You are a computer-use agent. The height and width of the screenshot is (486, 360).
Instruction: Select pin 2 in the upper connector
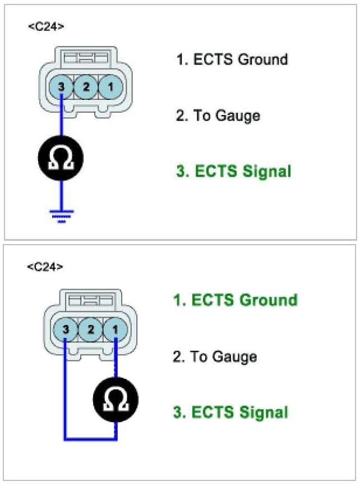85,87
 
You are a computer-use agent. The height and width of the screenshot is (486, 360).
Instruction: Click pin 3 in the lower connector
66,328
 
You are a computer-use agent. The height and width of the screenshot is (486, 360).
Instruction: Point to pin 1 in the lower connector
114,328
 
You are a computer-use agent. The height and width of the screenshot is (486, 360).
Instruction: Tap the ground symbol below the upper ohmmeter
61,215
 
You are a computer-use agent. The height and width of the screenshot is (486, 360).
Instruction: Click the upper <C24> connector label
45,26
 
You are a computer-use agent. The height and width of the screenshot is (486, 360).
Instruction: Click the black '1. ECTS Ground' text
232,59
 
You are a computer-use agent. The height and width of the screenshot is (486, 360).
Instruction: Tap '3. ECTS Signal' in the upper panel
234,171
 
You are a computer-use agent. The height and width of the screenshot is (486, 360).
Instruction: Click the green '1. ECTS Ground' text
236,300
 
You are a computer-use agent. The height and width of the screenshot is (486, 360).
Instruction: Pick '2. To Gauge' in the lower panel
215,356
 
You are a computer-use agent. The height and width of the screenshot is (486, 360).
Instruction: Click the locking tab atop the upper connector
85,57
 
